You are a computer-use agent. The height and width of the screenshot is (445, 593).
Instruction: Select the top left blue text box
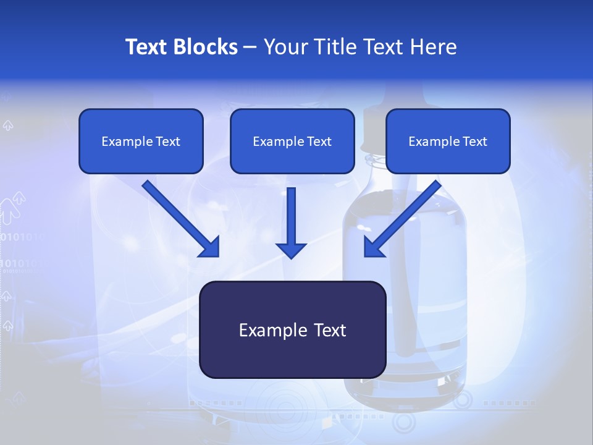tap(141, 141)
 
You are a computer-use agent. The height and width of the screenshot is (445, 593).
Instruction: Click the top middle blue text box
tap(292, 141)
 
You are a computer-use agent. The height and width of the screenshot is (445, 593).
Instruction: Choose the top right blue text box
tap(448, 141)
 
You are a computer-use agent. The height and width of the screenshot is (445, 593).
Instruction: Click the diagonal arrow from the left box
tap(182, 219)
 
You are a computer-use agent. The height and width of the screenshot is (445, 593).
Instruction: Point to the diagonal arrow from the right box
tap(402, 219)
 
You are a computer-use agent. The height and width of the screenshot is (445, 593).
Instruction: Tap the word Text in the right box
tap(475, 142)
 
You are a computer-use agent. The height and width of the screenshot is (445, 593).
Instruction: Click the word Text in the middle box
tap(319, 142)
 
